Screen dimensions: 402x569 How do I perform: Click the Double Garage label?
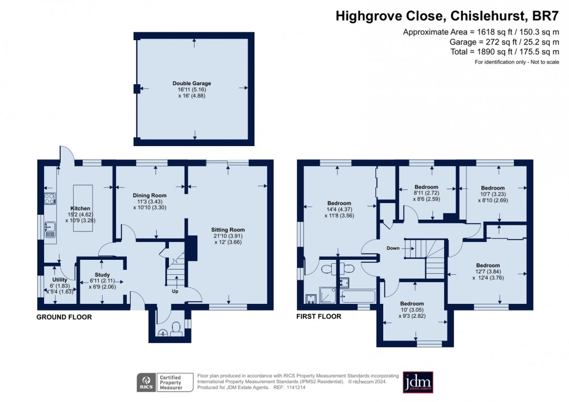(191, 84)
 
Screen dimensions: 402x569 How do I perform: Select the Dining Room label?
(150, 196)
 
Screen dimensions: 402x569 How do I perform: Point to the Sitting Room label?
(228, 230)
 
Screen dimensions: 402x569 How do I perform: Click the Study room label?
(102, 275)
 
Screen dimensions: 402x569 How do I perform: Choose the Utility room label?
(60, 279)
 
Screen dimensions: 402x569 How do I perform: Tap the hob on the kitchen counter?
(50, 198)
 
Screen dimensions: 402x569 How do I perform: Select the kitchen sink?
(50, 229)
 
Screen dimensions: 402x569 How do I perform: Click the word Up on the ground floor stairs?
(175, 291)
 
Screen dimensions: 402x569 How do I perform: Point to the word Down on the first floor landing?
(393, 248)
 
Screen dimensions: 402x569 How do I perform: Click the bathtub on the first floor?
(357, 296)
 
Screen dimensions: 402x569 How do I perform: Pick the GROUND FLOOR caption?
(64, 317)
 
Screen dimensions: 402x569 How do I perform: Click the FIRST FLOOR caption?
(319, 317)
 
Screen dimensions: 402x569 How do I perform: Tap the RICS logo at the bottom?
(146, 382)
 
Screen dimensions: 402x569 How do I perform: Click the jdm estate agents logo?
(418, 382)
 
